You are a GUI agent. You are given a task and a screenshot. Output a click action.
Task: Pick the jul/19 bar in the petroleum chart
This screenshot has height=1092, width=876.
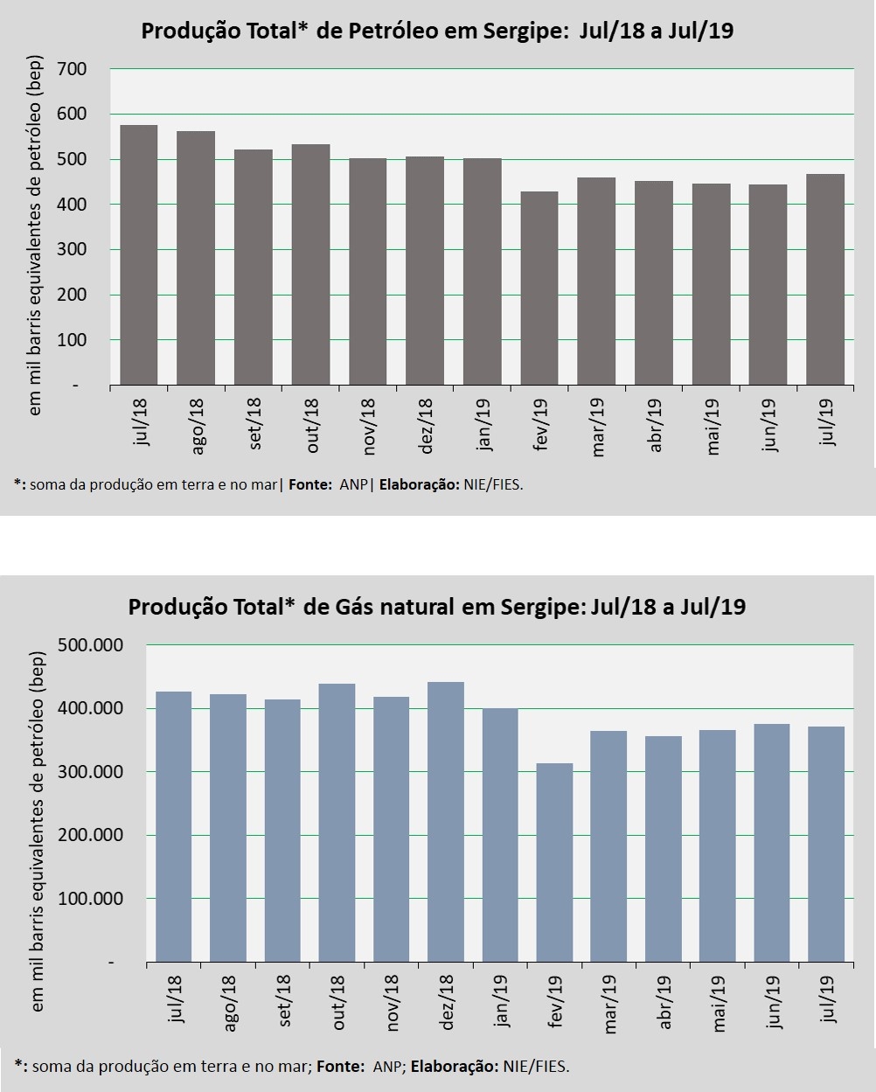point(825,280)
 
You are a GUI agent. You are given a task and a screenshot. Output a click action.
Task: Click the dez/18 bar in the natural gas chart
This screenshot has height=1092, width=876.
point(446,822)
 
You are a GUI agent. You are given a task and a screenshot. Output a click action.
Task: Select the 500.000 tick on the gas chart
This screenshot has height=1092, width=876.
point(91,645)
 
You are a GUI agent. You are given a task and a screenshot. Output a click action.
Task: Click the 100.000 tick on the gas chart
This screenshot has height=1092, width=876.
point(91,899)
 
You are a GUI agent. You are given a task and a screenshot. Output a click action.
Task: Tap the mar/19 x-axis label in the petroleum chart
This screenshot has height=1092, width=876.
point(599,426)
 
